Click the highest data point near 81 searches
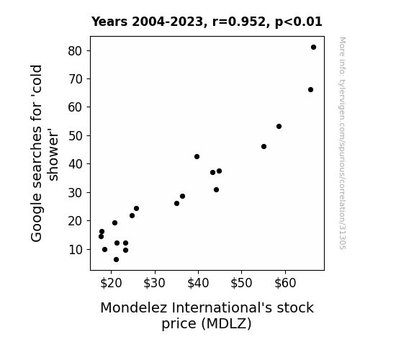(313, 48)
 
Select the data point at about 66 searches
(310, 90)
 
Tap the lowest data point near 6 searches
(116, 260)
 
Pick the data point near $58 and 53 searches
(279, 127)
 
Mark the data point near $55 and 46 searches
(264, 147)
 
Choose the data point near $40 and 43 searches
(197, 157)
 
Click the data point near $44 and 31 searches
(216, 189)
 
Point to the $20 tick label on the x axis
(111, 283)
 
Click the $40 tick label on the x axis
(198, 283)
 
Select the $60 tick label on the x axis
(285, 283)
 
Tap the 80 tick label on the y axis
(76, 50)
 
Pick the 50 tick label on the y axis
(76, 136)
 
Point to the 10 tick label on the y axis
(76, 249)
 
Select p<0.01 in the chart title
(299, 22)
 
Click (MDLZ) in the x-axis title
(226, 323)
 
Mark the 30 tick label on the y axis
(76, 193)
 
